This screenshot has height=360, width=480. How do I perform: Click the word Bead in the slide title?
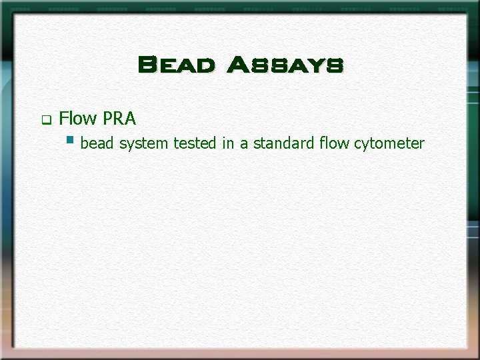tap(176, 65)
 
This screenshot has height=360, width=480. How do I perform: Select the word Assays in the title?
tap(285, 65)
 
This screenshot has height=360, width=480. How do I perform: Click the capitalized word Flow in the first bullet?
tap(78, 119)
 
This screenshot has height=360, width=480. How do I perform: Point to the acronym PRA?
tap(119, 119)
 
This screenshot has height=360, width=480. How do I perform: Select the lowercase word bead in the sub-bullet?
tap(97, 143)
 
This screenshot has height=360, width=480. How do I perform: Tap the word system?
tap(143, 143)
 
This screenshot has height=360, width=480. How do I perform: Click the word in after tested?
tap(229, 143)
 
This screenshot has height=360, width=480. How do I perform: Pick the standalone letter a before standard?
tap(244, 143)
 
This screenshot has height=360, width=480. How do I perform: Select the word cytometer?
tap(389, 143)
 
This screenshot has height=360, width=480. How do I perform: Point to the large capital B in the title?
tap(147, 65)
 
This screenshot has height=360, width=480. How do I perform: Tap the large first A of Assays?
tap(237, 65)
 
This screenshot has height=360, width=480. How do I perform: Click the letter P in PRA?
tap(108, 119)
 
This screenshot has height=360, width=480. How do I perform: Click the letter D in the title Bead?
tap(205, 66)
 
